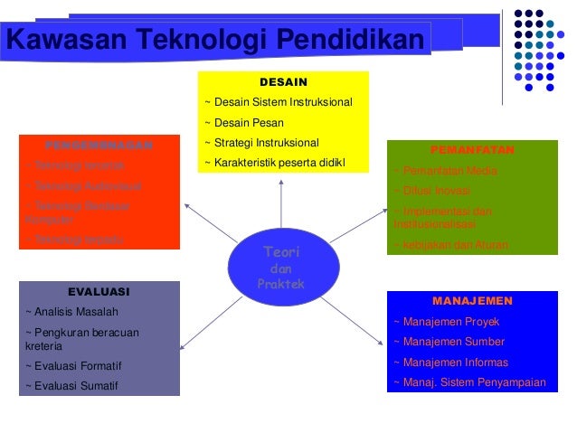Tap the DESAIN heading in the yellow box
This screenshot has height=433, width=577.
click(284, 81)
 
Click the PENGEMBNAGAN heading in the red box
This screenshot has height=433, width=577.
click(99, 145)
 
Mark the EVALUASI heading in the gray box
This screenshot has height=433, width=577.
click(99, 292)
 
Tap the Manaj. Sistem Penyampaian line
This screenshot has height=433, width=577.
click(469, 382)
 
